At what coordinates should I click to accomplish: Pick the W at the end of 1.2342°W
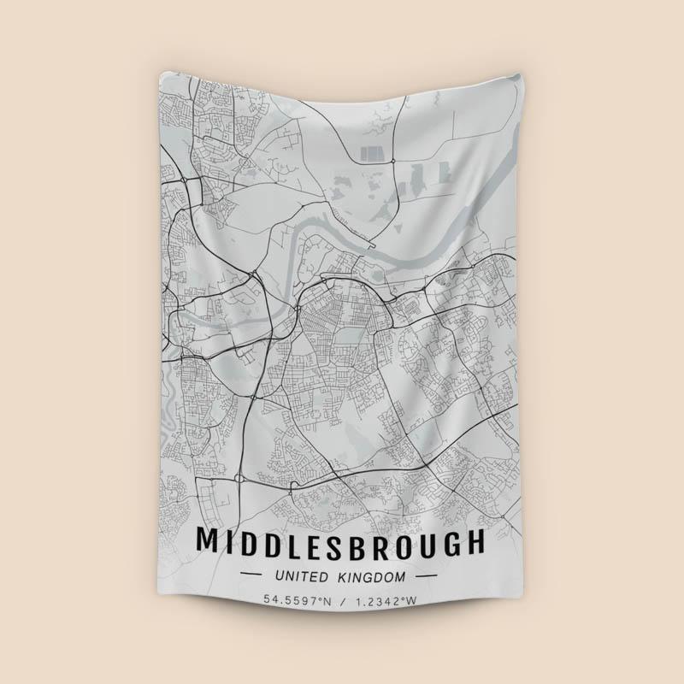pyautogui.click(x=414, y=601)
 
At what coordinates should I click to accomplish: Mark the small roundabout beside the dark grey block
pyautogui.click(x=392, y=160)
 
